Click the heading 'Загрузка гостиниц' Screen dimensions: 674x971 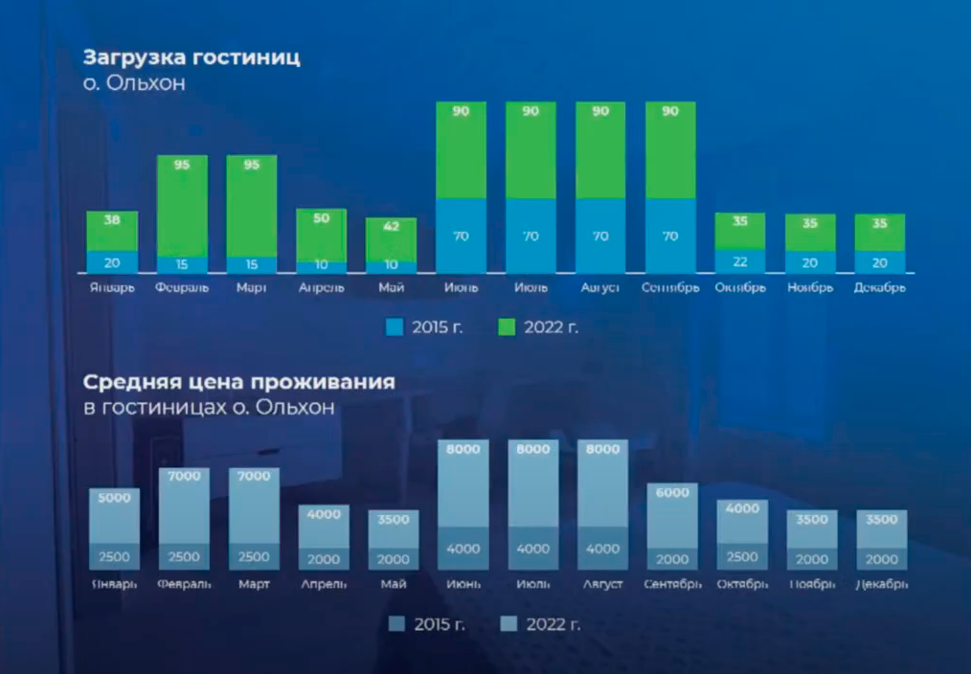(192, 56)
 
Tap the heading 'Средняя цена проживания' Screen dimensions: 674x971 (238, 383)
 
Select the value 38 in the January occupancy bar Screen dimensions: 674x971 (112, 219)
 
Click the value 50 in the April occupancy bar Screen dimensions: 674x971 (322, 218)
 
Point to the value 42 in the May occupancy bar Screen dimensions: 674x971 (392, 227)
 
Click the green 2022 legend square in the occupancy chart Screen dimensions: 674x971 (508, 327)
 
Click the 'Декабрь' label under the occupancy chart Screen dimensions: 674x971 (880, 287)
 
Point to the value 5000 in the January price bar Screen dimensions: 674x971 (114, 498)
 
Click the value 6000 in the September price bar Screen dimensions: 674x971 (672, 492)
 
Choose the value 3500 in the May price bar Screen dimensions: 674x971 (394, 520)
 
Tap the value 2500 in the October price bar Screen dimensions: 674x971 (742, 557)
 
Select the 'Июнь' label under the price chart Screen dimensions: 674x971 (463, 583)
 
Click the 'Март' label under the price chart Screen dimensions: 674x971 (254, 583)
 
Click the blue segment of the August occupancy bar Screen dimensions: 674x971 (600, 236)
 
